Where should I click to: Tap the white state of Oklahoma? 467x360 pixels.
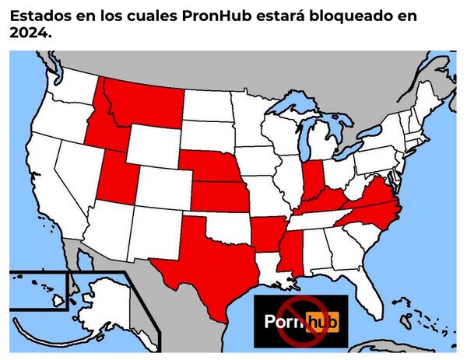click(x=226, y=225)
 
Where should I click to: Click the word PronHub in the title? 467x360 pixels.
click(x=226, y=16)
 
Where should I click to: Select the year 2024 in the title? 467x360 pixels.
click(x=30, y=34)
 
